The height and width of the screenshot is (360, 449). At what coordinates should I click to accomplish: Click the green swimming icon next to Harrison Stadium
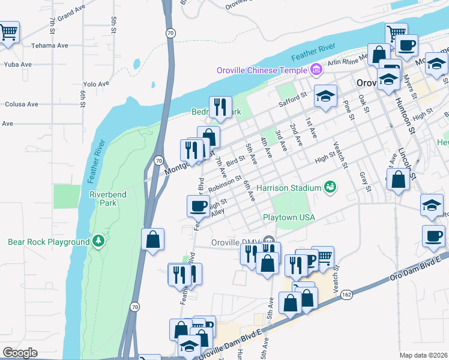[x=330, y=188]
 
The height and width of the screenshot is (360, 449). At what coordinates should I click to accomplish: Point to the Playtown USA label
[x=289, y=217]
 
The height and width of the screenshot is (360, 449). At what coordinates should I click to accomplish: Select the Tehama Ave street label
[x=50, y=46]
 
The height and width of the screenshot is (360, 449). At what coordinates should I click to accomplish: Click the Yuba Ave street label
[x=17, y=64]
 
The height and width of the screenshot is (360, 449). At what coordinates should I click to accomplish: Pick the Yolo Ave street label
[x=96, y=84]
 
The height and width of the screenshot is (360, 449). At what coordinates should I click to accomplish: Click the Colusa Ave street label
[x=22, y=104]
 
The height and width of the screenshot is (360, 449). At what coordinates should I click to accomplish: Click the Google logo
[x=20, y=353]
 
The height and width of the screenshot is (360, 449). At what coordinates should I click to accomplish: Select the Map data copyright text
[x=423, y=355]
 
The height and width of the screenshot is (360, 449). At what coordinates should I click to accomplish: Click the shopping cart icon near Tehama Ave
[x=8, y=32]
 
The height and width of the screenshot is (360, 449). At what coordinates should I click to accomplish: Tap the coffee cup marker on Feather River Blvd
[x=198, y=207]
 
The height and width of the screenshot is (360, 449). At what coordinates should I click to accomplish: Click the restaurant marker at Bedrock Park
[x=220, y=107]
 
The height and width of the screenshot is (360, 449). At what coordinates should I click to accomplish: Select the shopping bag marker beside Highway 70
[x=153, y=239]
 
